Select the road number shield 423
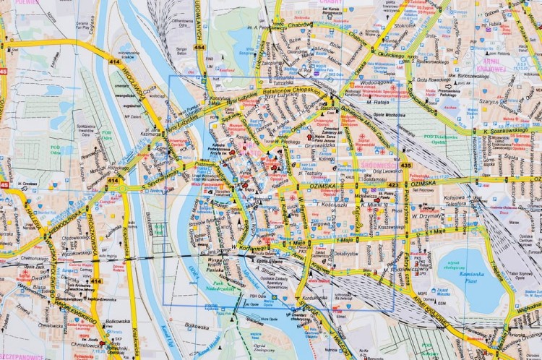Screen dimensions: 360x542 pos(392,185)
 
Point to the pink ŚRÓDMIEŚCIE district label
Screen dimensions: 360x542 pos(374,163)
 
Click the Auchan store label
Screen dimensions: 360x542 pos(446,106)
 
